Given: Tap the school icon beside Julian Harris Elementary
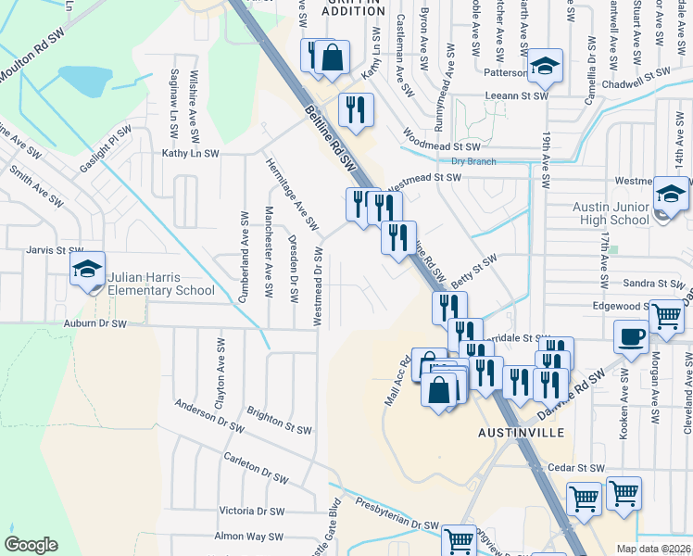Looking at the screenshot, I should click(x=88, y=270).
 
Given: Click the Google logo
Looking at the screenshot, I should click(x=31, y=545).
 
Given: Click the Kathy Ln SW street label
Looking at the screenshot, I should click(x=190, y=153).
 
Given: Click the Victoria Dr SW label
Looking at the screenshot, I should click(x=251, y=511).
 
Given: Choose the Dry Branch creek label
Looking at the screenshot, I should click(x=473, y=161).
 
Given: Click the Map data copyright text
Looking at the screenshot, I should click(x=654, y=549).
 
